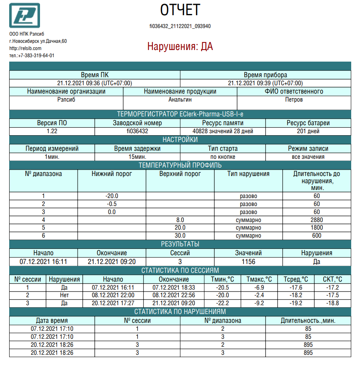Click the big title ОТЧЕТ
[x=180, y=10]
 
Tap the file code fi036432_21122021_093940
[x=180, y=26]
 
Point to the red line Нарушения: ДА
[x=180, y=46]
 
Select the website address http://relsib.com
[x=25, y=48]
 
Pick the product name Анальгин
[x=180, y=100]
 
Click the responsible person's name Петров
[x=294, y=100]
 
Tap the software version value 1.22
[x=52, y=131]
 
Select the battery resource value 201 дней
[x=308, y=131]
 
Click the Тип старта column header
[x=223, y=148]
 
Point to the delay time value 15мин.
[x=137, y=157]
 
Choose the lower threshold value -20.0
[x=112, y=196]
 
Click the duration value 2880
[x=316, y=220]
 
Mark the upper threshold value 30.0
[x=180, y=236]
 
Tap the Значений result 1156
[x=248, y=262]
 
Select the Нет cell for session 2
[x=64, y=295]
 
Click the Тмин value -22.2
[x=222, y=303]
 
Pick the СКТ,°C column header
[x=332, y=279]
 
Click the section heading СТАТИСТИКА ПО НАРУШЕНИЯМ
[x=180, y=312]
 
